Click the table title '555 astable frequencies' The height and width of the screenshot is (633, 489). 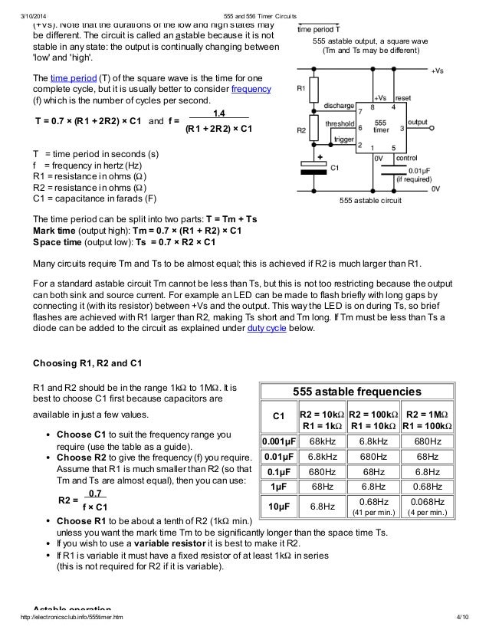click(359, 391)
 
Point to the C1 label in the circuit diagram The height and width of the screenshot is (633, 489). click(334, 166)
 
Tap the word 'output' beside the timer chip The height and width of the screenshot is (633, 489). click(418, 122)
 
